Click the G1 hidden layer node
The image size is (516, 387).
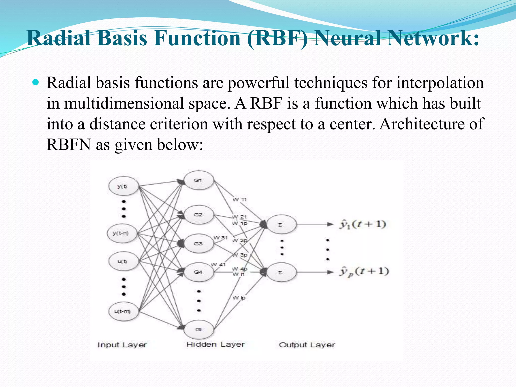point(199,180)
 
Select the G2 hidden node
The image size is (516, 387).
point(199,215)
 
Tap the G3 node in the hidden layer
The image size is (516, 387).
point(199,244)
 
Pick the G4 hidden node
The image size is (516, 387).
point(199,272)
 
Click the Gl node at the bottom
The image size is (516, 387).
point(199,329)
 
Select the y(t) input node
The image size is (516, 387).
point(123,186)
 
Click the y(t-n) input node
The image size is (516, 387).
point(122,233)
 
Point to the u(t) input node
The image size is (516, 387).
point(123,262)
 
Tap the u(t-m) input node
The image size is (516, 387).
point(123,311)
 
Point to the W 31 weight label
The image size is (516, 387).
point(220,238)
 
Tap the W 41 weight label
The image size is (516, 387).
point(218,265)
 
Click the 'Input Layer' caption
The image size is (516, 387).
point(122,345)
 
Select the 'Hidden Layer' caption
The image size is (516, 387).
point(215,344)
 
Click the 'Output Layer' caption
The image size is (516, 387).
point(307,345)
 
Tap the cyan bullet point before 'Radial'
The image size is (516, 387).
point(36,82)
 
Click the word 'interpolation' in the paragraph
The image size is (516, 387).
point(440,83)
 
